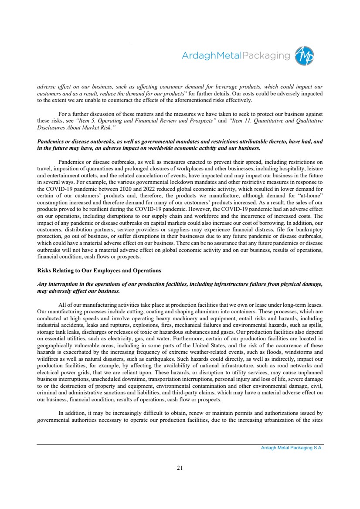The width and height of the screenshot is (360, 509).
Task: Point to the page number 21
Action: click(x=180, y=468)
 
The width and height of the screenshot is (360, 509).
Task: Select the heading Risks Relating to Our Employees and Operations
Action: click(x=99, y=271)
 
